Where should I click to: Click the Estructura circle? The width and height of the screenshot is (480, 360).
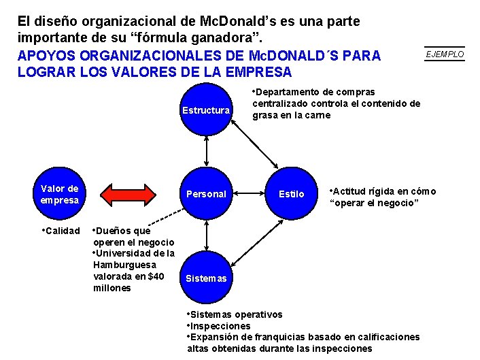pos(205,110)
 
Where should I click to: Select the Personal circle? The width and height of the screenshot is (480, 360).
pos(205,194)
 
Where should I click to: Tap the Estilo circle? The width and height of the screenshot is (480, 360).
pos(291,194)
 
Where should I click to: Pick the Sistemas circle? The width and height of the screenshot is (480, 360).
pos(205,278)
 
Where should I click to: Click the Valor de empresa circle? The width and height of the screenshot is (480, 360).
pos(59,194)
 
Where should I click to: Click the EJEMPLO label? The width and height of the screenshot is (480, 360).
pos(445,54)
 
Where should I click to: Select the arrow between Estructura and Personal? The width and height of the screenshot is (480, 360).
pos(205,151)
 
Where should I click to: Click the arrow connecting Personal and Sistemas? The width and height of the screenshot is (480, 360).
pos(205,235)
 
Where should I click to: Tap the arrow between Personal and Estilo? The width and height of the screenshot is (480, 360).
pos(248,194)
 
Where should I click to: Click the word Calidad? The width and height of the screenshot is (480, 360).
pos(63,231)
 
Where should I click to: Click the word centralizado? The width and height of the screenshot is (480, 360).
pos(280,103)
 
